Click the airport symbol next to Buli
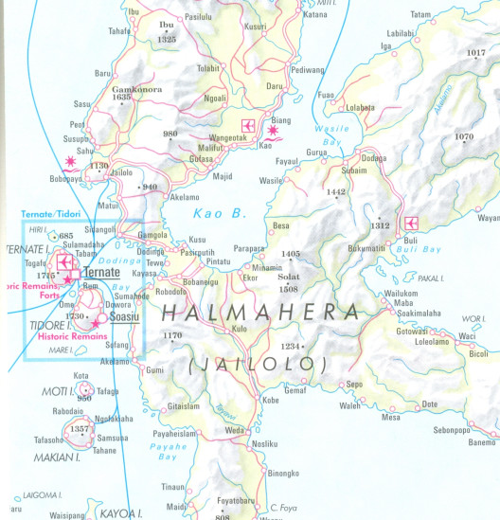pos(411,223)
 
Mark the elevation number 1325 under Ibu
pos(168,40)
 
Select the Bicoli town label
pos(479,353)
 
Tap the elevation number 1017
pos(476,53)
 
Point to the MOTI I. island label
pos(59,390)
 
